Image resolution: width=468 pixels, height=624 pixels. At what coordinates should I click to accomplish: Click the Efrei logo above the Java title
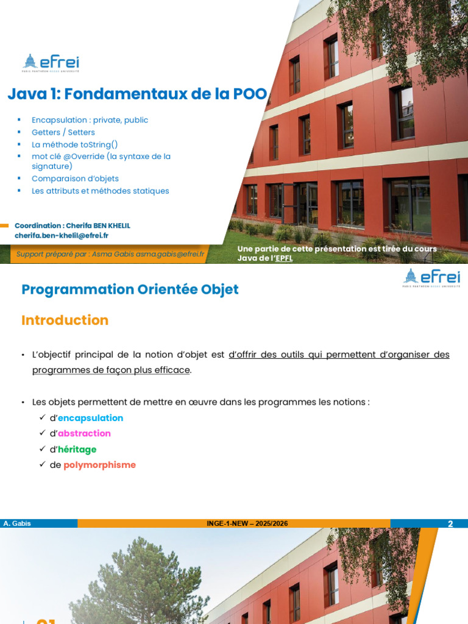(51, 63)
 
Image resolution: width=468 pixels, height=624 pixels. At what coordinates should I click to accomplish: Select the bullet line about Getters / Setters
(63, 132)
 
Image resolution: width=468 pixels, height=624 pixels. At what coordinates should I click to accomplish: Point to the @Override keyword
(83, 157)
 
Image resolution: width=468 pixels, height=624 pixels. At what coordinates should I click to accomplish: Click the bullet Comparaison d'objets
(75, 179)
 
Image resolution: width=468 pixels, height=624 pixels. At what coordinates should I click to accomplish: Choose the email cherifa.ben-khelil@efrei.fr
(62, 236)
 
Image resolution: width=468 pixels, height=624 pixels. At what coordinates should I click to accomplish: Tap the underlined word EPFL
(284, 258)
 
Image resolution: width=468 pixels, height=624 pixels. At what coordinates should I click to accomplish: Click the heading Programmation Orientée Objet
(130, 289)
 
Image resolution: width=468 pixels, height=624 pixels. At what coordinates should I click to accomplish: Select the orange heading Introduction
(65, 321)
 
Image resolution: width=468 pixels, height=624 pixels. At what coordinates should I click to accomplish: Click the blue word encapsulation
(90, 418)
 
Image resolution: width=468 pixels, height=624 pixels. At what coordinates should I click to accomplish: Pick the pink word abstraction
(84, 433)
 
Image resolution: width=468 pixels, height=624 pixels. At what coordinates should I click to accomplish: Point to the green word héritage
(77, 449)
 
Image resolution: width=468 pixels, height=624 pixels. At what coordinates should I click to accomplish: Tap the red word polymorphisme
(99, 465)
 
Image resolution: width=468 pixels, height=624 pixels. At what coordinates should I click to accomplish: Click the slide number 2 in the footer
(450, 523)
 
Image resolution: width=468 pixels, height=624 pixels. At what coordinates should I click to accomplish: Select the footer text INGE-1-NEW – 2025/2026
(247, 523)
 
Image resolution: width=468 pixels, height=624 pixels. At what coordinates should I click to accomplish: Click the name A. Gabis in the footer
(17, 523)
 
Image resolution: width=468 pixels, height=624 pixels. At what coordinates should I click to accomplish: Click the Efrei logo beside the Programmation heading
(432, 278)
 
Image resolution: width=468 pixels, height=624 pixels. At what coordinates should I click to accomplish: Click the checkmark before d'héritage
(43, 449)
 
